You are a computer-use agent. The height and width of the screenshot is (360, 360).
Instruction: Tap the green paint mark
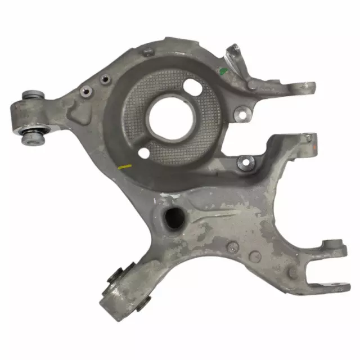223,71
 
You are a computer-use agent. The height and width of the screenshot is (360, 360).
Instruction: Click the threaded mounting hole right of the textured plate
242,113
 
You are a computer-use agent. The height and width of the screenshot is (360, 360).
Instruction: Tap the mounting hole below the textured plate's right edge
246,163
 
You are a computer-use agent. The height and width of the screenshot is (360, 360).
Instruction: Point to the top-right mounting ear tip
308,88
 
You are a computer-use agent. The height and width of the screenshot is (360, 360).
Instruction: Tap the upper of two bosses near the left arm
103,80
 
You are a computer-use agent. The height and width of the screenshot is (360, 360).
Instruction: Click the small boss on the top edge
147,52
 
